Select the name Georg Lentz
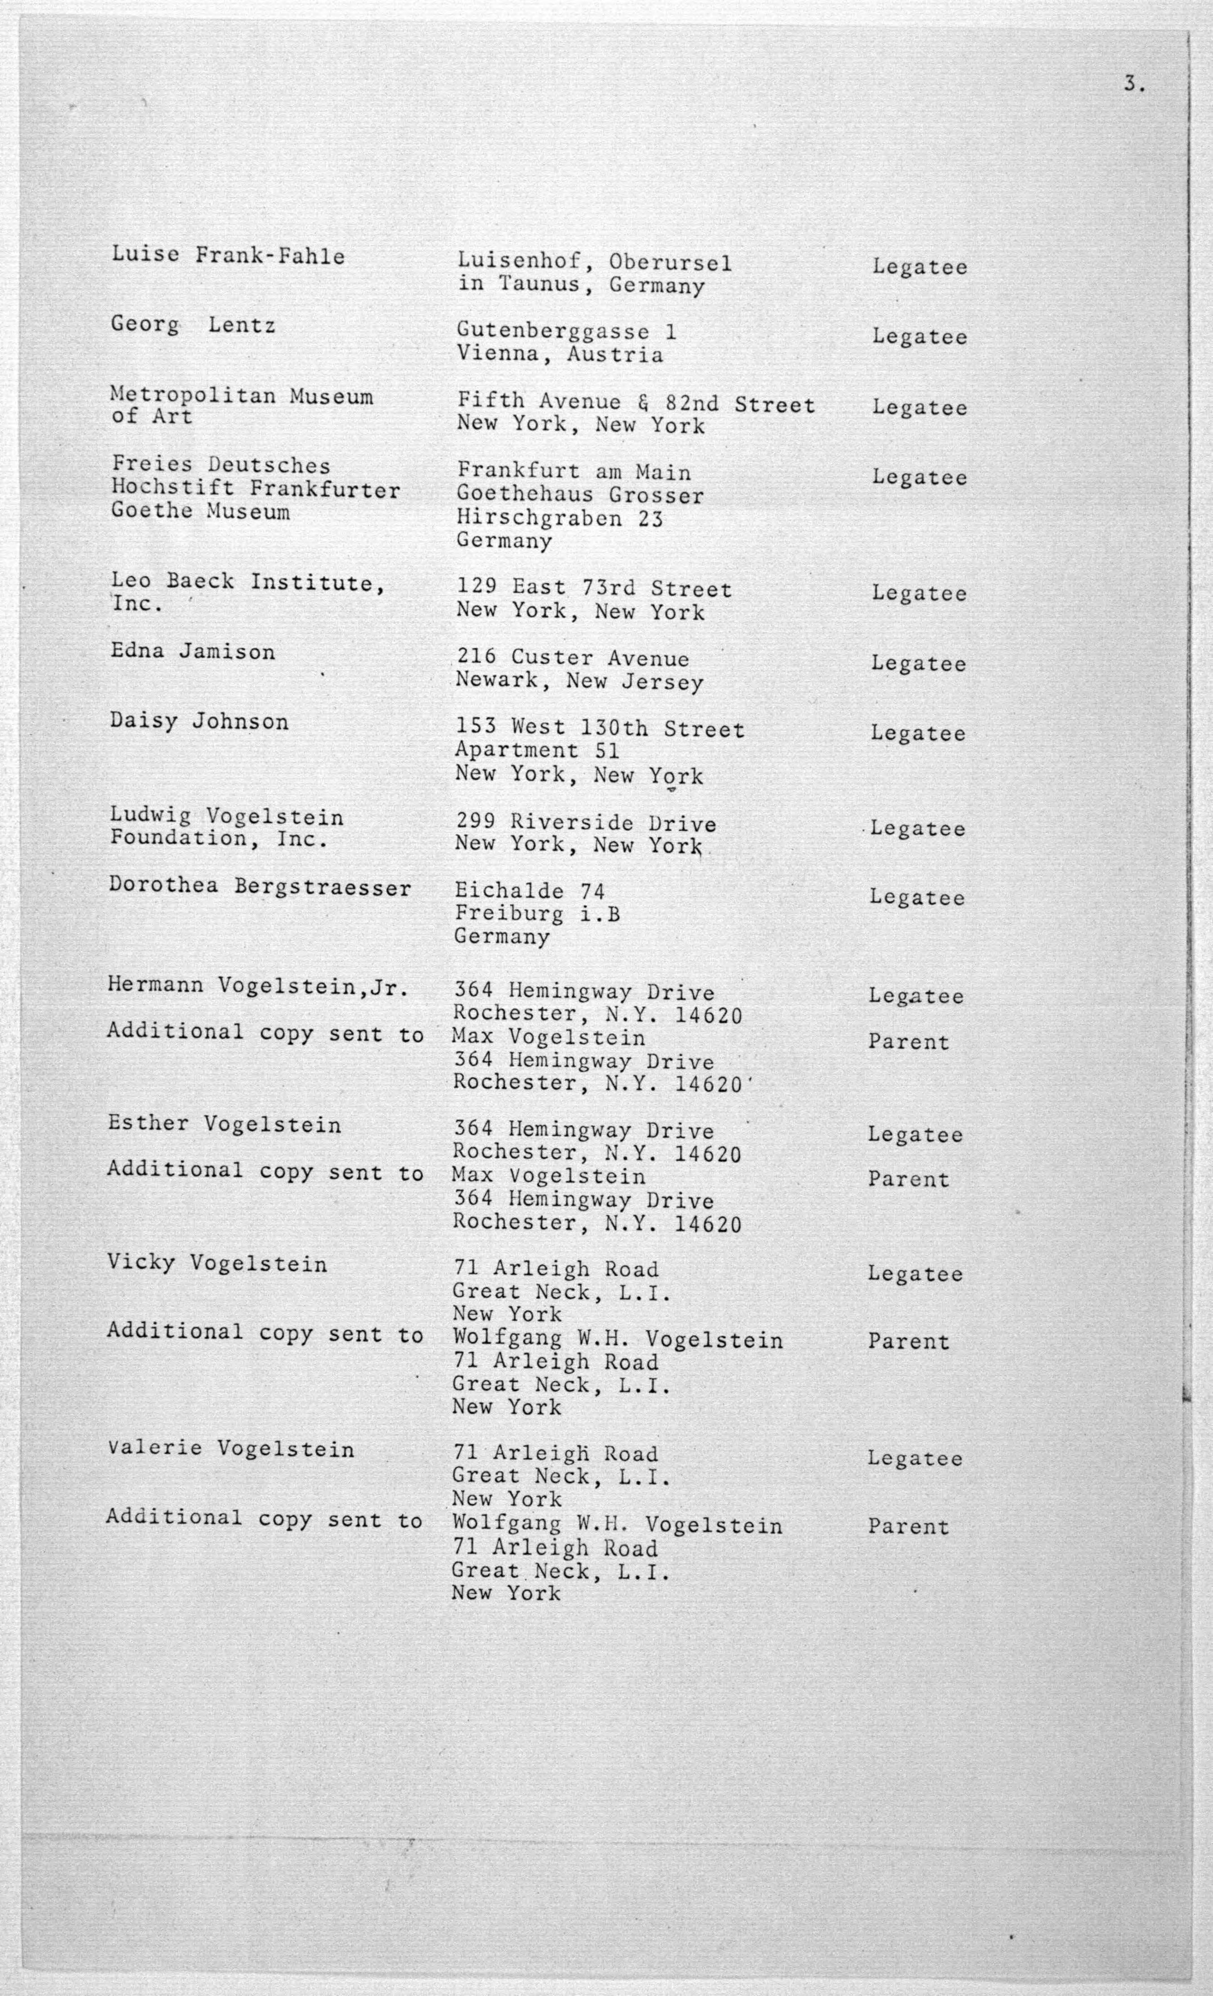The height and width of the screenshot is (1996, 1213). coord(193,326)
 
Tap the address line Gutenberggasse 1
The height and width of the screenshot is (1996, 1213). coord(566,331)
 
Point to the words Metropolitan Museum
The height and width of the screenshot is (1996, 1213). coord(241,396)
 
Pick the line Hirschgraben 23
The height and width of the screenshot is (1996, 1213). coord(560,518)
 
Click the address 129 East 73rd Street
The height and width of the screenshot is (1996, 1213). coord(593,589)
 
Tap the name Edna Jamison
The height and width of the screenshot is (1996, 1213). coord(193,652)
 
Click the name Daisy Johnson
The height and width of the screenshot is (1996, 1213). coord(199,722)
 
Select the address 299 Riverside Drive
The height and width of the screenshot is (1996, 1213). coord(585,823)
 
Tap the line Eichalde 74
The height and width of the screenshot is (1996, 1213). coord(530,891)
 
